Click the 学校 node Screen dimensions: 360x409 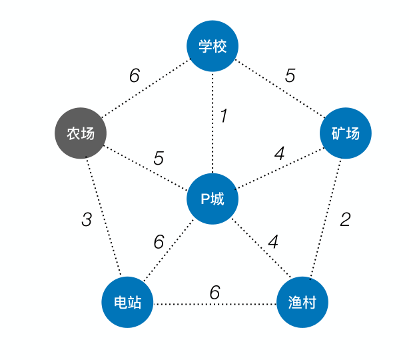(x=212, y=46)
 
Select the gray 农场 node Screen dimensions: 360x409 (x=80, y=133)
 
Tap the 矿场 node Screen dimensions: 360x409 (x=345, y=133)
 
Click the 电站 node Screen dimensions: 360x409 (x=127, y=303)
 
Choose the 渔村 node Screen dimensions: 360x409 (x=302, y=303)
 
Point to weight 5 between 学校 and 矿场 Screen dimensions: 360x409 (x=290, y=76)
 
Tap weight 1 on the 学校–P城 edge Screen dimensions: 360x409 (x=224, y=116)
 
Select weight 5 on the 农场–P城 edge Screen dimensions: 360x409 (x=159, y=159)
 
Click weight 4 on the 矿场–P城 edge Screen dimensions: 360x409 (x=279, y=153)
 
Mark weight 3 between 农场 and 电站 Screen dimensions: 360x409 (x=86, y=219)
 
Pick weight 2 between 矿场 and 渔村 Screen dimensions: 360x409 (x=344, y=219)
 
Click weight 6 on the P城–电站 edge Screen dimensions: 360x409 (x=159, y=242)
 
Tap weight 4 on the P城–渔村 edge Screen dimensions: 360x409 (x=272, y=241)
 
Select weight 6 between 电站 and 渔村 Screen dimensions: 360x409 (x=214, y=293)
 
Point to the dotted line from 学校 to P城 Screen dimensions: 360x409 (x=212, y=147)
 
